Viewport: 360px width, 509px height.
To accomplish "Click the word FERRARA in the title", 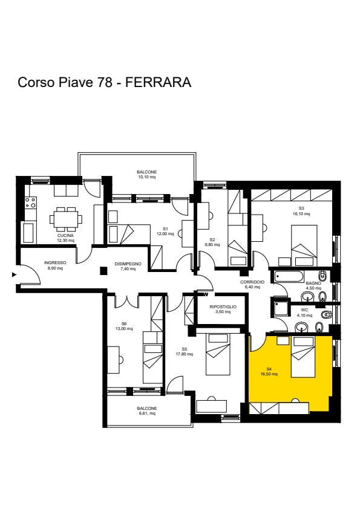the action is [159, 82].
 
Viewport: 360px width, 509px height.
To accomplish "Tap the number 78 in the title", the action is [103, 82].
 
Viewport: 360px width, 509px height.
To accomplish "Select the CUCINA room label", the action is [65, 235].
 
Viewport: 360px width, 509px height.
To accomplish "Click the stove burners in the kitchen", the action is [30, 203].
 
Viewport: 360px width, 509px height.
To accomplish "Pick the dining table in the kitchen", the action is [66, 218].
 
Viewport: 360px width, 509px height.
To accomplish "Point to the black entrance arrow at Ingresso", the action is [14, 274].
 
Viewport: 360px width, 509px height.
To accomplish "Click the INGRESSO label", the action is [55, 262].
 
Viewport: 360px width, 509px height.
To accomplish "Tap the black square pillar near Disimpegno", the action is [103, 270].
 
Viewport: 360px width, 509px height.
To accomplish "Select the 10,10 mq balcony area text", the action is [146, 177].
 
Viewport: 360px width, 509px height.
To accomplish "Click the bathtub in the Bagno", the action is [289, 277].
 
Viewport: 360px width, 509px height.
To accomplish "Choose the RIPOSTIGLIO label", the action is [223, 306].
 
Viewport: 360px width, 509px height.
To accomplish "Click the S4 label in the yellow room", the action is [269, 369].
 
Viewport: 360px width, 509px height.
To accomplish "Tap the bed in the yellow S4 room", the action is [303, 357].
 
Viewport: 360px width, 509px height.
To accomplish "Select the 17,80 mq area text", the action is [184, 354].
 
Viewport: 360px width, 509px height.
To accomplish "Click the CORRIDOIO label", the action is [252, 282].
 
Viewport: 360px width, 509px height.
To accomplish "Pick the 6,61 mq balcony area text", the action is [147, 413].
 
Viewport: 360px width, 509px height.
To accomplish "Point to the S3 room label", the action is [301, 209].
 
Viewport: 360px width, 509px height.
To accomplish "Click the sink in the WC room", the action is [303, 326].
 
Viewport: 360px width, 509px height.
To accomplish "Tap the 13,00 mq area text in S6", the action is [124, 328].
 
